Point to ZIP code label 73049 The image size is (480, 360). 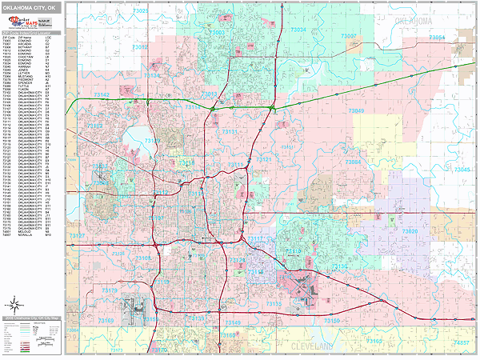(x=356, y=111)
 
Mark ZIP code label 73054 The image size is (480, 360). (x=438, y=37)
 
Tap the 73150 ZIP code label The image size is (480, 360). (x=331, y=320)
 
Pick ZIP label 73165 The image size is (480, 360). (x=374, y=342)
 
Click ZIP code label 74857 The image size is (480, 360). (x=462, y=342)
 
